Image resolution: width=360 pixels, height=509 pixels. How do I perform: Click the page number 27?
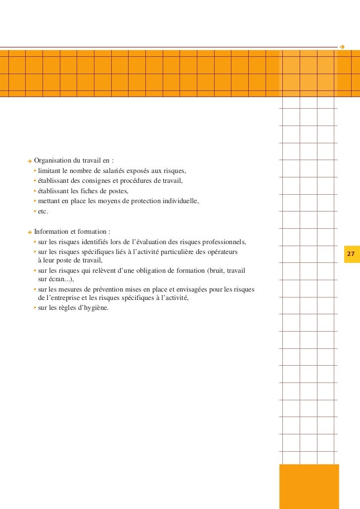pyautogui.click(x=351, y=254)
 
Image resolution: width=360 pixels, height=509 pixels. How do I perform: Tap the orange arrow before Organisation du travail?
pyautogui.click(x=30, y=161)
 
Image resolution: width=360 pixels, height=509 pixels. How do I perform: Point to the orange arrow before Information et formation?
pyautogui.click(x=30, y=232)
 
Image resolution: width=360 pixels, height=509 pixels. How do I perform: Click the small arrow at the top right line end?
pyautogui.click(x=342, y=47)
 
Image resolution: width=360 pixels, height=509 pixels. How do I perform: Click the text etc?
pyautogui.click(x=43, y=212)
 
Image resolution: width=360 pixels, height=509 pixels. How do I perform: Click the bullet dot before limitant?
pyautogui.click(x=35, y=171)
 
